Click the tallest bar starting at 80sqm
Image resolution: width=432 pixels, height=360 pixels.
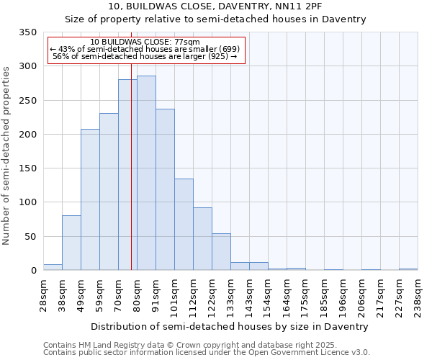146,173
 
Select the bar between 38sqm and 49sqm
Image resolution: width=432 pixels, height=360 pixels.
71,243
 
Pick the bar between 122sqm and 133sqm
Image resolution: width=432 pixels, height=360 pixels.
221,251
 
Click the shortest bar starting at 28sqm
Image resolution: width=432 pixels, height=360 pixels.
53,267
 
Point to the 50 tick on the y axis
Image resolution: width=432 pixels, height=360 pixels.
30,237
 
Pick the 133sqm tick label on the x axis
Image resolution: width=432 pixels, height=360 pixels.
230,295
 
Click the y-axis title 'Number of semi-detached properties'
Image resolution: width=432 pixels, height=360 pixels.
6,155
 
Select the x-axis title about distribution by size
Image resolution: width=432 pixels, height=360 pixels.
230,326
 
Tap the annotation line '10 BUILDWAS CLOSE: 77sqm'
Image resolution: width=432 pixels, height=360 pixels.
145,42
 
